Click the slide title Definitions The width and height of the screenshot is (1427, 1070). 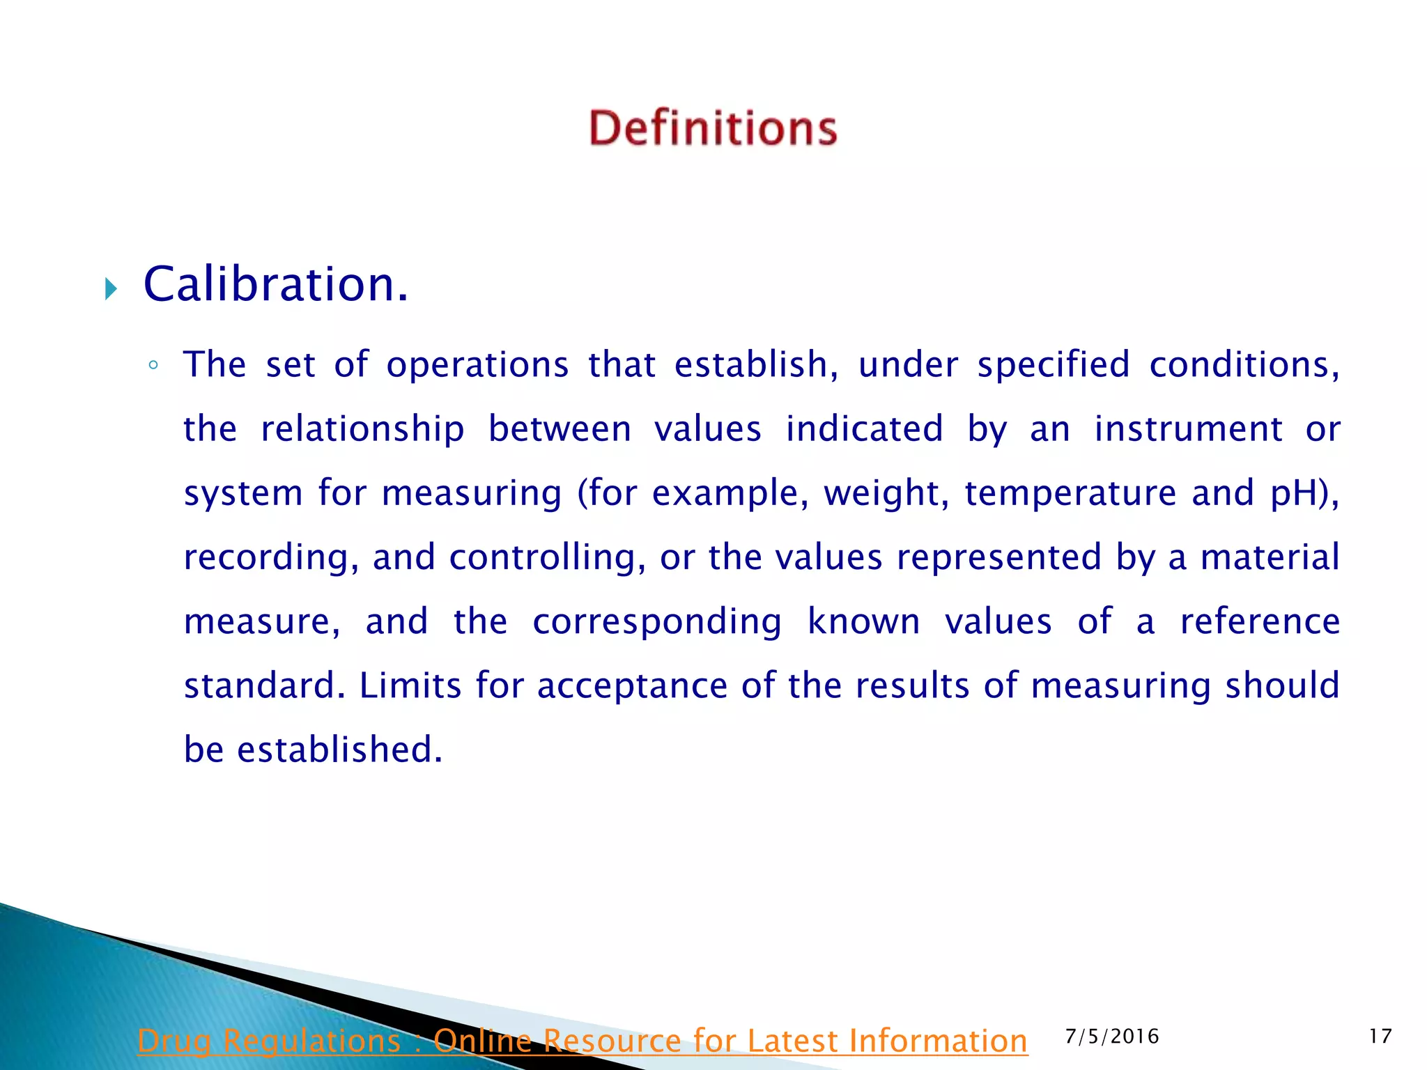[712, 128]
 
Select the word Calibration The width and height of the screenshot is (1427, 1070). [275, 285]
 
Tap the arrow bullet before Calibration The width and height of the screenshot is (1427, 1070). [111, 288]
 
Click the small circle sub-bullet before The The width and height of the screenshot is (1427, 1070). [153, 365]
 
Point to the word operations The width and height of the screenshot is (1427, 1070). [477, 365]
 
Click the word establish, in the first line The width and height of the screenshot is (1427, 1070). [755, 365]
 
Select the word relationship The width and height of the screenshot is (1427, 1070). [362, 429]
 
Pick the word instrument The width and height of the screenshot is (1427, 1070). [1188, 429]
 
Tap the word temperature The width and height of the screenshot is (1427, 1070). [1070, 493]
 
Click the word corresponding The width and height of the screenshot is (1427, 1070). [657, 621]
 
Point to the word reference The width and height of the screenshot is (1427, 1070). [1260, 621]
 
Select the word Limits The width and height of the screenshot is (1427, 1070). [410, 685]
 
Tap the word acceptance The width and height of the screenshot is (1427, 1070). [632, 685]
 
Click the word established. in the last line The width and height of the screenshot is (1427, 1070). [340, 750]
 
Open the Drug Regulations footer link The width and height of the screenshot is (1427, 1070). [582, 1041]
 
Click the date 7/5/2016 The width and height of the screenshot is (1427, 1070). [1112, 1037]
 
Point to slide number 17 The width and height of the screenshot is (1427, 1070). [1380, 1037]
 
